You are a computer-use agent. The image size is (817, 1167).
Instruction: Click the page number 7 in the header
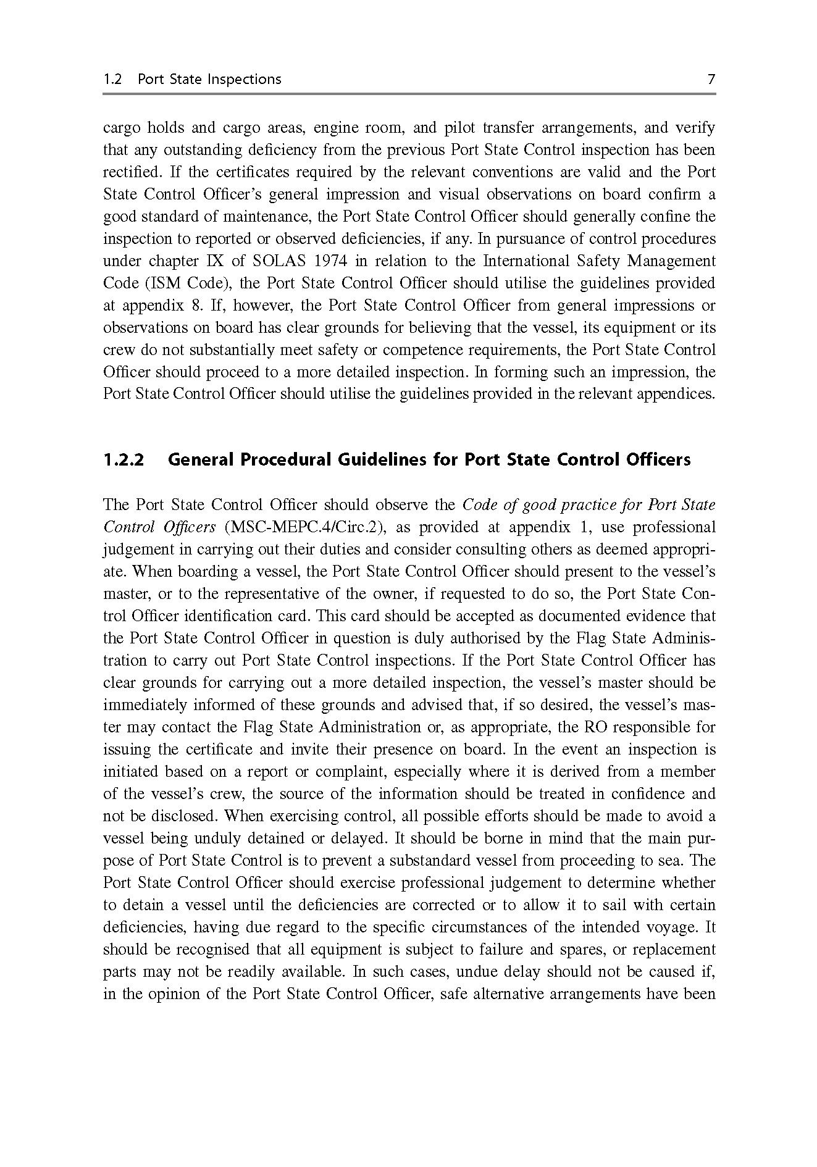[x=711, y=79]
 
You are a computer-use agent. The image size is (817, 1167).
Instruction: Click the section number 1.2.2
[x=124, y=460]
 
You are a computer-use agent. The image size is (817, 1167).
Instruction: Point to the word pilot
[x=459, y=128]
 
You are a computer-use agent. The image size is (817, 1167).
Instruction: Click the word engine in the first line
[x=336, y=128]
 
